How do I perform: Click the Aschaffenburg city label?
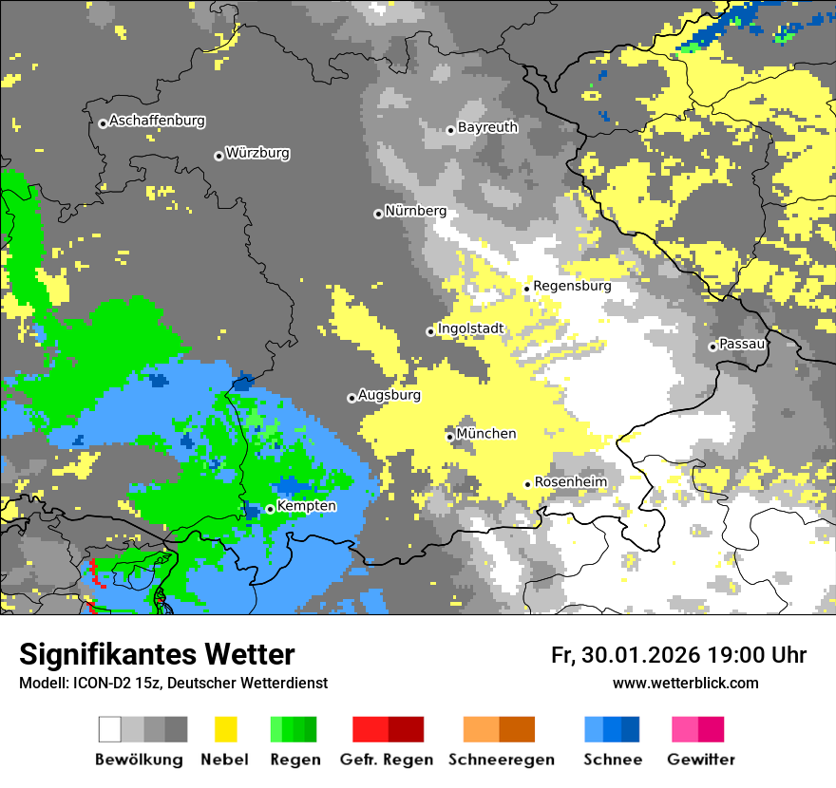pyautogui.click(x=157, y=121)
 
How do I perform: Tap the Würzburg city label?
pyautogui.click(x=257, y=153)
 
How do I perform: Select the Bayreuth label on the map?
pyautogui.click(x=487, y=127)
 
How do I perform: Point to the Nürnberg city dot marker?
pyautogui.click(x=378, y=214)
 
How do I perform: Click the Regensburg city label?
pyautogui.click(x=572, y=286)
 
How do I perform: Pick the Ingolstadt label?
pyautogui.click(x=470, y=329)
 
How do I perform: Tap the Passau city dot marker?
pyautogui.click(x=712, y=347)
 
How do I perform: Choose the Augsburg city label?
pyautogui.click(x=389, y=395)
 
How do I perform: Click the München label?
pyautogui.click(x=486, y=434)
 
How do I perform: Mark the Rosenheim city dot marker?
pyautogui.click(x=527, y=484)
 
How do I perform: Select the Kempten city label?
pyautogui.click(x=306, y=506)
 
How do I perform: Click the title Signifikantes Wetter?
pyautogui.click(x=157, y=654)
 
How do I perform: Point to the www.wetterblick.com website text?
pyautogui.click(x=685, y=683)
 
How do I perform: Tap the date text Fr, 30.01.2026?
pyautogui.click(x=625, y=655)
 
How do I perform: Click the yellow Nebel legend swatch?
pyautogui.click(x=225, y=729)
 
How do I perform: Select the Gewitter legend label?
pyautogui.click(x=700, y=760)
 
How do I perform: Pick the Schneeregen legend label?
pyautogui.click(x=501, y=760)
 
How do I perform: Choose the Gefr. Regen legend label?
pyautogui.click(x=387, y=760)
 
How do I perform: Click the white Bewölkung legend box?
pyautogui.click(x=110, y=729)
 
